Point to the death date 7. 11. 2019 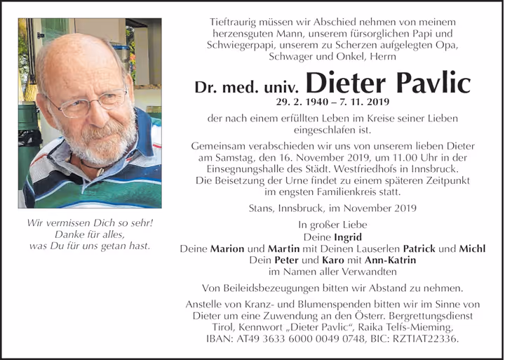click(x=361, y=102)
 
